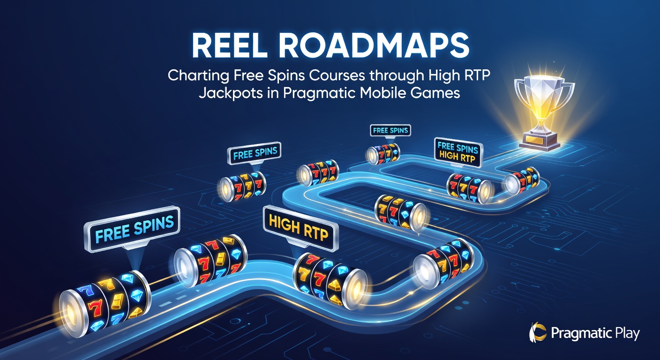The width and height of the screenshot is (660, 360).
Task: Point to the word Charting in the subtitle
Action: (x=198, y=75)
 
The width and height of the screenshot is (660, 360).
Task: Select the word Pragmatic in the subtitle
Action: (x=320, y=93)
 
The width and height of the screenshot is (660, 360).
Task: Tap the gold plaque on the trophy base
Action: (x=537, y=138)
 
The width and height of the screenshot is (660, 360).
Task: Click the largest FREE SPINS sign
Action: (x=132, y=229)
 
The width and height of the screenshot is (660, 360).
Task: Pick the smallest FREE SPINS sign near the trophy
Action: (x=390, y=130)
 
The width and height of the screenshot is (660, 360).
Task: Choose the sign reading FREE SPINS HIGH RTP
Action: (x=458, y=152)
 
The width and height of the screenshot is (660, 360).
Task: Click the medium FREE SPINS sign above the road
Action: (x=255, y=153)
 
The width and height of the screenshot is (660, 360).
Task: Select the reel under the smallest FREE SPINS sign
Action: (x=383, y=153)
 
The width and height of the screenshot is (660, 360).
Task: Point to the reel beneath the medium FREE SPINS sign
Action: (x=243, y=187)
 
